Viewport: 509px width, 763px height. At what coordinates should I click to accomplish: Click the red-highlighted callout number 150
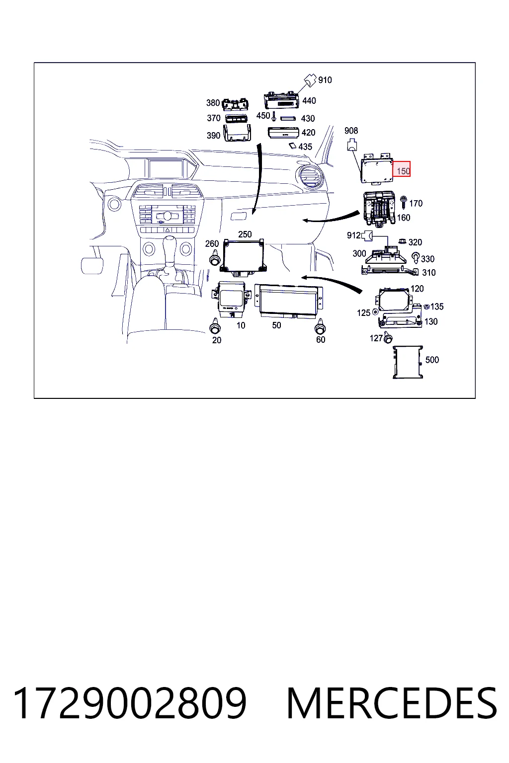403,171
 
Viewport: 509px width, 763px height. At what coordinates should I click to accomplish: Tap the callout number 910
325,80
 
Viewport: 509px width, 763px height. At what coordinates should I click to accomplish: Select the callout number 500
432,360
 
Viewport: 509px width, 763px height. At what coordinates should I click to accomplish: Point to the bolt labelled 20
215,326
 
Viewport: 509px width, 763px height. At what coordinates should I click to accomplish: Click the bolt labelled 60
320,326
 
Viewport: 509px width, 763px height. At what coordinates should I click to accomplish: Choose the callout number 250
245,234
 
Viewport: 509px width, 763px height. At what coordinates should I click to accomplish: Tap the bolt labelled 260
214,257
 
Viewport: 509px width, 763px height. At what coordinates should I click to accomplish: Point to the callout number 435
305,147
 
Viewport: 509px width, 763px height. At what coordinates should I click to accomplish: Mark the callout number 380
213,103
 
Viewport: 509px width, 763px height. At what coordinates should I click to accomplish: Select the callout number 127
376,338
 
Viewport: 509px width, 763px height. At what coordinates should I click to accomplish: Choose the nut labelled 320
402,241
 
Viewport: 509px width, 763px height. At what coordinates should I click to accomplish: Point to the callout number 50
276,326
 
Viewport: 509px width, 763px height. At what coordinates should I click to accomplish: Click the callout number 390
213,136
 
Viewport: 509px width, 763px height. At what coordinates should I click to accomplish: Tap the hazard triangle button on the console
168,230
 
